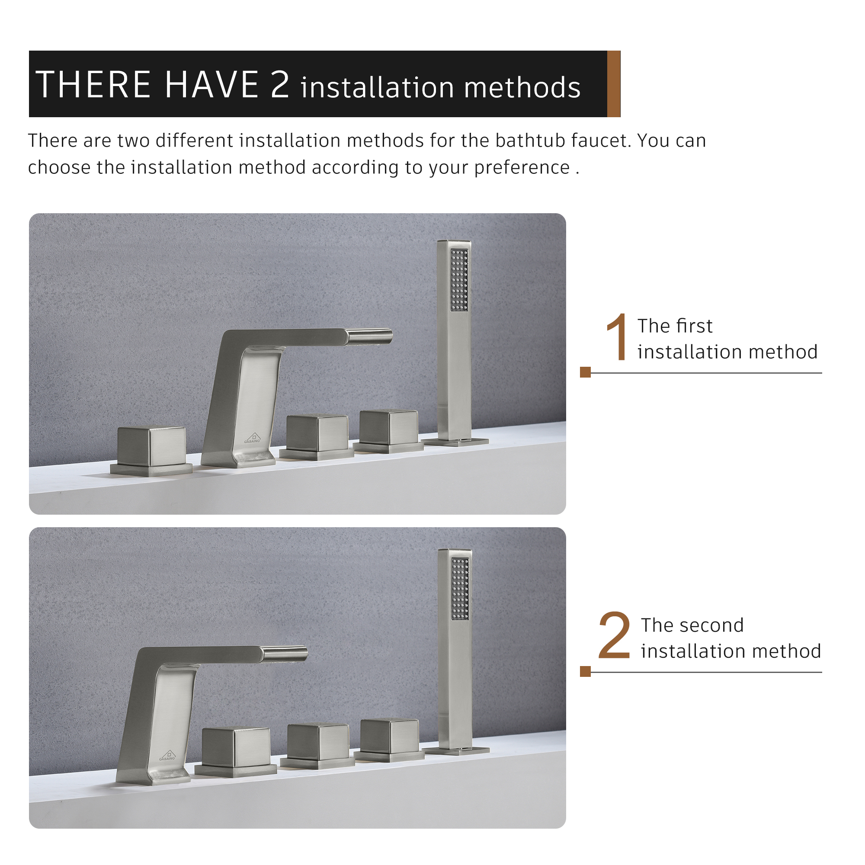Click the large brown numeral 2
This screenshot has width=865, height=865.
[x=614, y=636]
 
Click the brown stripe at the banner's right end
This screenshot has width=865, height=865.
[x=613, y=84]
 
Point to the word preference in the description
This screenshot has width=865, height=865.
[x=522, y=167]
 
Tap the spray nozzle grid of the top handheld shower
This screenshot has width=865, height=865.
[x=459, y=280]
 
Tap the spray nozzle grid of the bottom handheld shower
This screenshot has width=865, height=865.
[x=460, y=588]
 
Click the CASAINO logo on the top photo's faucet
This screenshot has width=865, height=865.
[x=252, y=437]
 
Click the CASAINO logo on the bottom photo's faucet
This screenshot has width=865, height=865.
[x=167, y=755]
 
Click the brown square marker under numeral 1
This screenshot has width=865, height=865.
[x=585, y=372]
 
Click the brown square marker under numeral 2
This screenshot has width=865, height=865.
[x=585, y=671]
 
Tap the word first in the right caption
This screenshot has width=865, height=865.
[x=697, y=326]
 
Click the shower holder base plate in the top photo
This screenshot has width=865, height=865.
[x=456, y=442]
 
